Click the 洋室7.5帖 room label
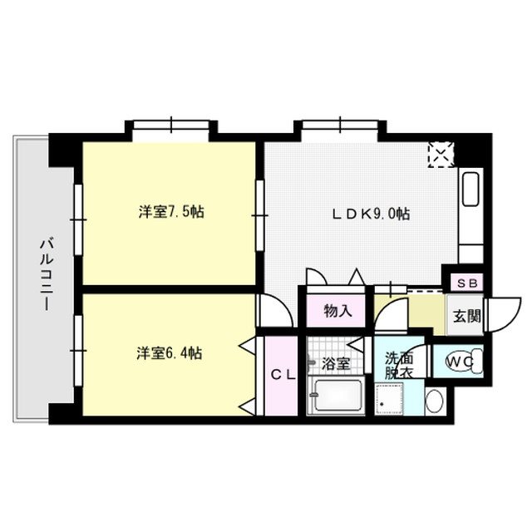pos(171,212)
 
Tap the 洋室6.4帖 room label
pos(170,352)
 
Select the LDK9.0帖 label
pos(371,213)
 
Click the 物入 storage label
pos(337,312)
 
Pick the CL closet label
pos(283,374)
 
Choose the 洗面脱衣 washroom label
pos(396,365)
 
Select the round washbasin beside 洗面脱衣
pos(435,401)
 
